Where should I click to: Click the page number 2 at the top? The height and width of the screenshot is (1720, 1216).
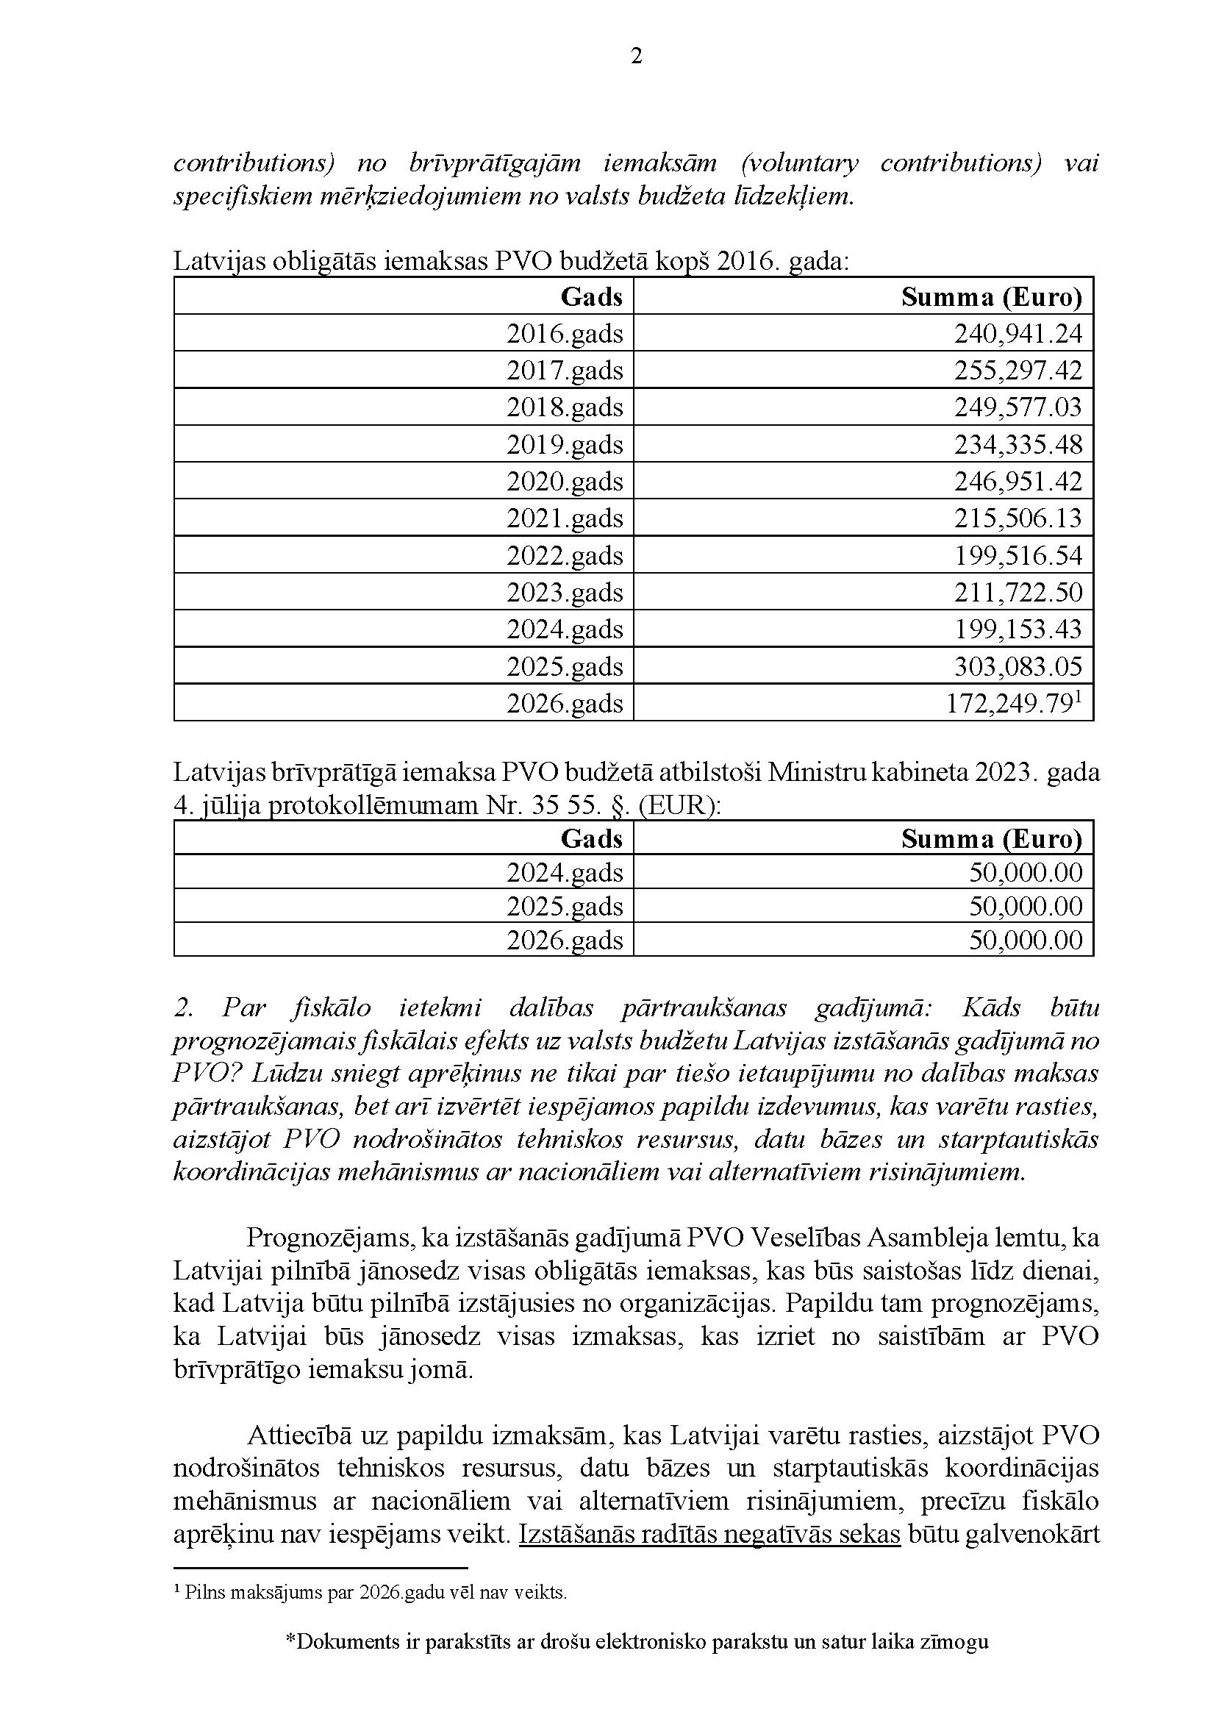pyautogui.click(x=637, y=57)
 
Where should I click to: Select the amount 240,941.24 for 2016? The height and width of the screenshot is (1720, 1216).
pyautogui.click(x=1017, y=333)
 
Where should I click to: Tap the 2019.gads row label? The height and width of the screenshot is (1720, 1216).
pyautogui.click(x=565, y=445)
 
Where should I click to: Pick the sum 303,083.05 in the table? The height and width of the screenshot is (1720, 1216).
pyautogui.click(x=1017, y=667)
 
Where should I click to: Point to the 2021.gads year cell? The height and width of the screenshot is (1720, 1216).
pyautogui.click(x=565, y=518)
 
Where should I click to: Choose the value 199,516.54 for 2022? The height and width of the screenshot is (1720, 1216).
pyautogui.click(x=1017, y=556)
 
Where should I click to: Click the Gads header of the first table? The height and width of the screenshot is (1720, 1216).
pyautogui.click(x=592, y=297)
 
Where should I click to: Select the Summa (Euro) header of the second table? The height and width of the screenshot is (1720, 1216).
pyautogui.click(x=991, y=839)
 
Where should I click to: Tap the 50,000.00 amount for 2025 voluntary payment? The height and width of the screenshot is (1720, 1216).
pyautogui.click(x=1026, y=907)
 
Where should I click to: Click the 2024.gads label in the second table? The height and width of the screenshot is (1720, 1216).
pyautogui.click(x=565, y=873)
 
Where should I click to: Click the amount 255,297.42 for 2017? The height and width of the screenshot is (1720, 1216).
pyautogui.click(x=1017, y=371)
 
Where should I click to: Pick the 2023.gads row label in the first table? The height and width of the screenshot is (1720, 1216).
pyautogui.click(x=565, y=593)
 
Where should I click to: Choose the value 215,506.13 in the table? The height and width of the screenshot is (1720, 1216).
pyautogui.click(x=1017, y=518)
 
